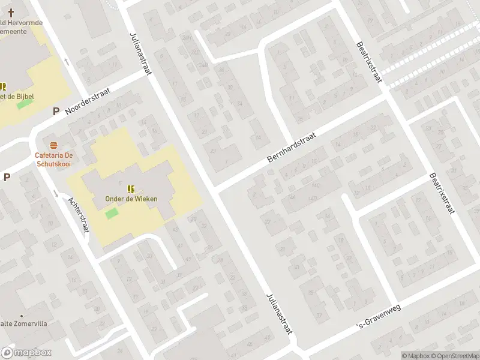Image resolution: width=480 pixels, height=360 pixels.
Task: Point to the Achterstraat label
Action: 78,215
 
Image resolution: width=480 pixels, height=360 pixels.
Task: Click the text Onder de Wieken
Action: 127,199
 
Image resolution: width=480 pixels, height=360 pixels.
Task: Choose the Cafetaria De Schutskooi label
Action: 53,158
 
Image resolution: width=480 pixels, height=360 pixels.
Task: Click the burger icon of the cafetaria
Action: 54,145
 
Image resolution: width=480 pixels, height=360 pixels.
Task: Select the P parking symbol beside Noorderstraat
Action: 56,111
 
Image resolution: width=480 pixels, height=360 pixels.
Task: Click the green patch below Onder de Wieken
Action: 112,214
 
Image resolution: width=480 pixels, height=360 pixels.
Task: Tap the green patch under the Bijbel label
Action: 24,104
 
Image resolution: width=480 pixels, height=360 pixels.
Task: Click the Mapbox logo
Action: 26,353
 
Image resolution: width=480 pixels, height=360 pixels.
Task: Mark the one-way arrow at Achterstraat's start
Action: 56,193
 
